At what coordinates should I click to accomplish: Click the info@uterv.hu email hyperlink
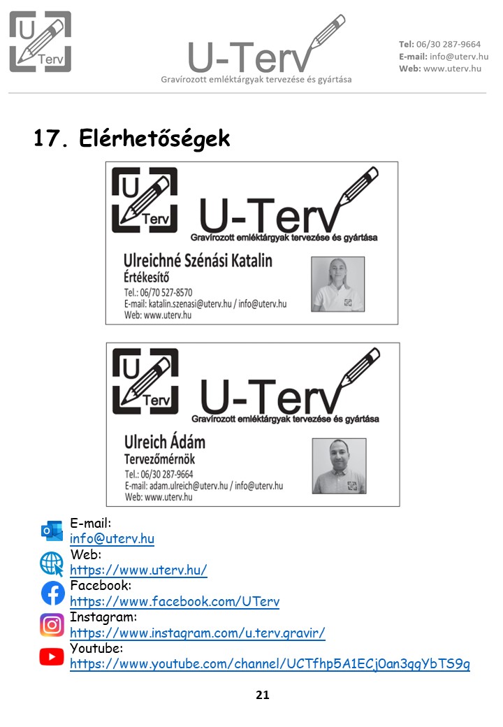[x=112, y=539]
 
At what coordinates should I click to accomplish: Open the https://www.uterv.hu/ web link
[x=138, y=570]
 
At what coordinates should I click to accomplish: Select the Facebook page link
[x=175, y=602]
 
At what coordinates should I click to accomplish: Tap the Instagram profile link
[x=198, y=633]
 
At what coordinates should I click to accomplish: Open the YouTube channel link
[x=270, y=664]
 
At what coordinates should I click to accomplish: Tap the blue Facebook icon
[x=52, y=593]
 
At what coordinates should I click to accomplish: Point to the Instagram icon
[x=52, y=624]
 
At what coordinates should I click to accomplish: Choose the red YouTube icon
[x=52, y=656]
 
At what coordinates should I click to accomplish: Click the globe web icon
[x=52, y=563]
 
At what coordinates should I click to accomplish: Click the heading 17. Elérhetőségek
[x=131, y=138]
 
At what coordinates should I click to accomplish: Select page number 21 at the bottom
[x=263, y=695]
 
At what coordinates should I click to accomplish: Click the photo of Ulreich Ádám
[x=339, y=466]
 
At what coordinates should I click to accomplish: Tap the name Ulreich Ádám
[x=165, y=442]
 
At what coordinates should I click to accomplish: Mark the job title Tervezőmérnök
[x=159, y=459]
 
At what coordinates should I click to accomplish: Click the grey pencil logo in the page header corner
[x=41, y=42]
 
